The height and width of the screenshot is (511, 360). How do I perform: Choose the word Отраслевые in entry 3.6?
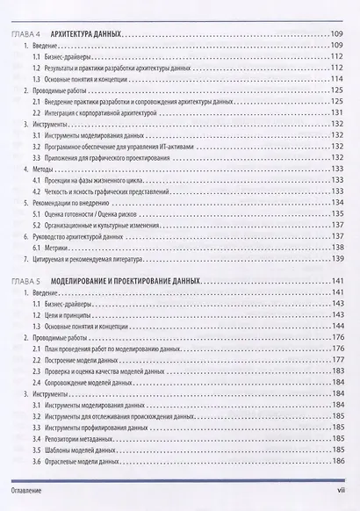tap(71, 461)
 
